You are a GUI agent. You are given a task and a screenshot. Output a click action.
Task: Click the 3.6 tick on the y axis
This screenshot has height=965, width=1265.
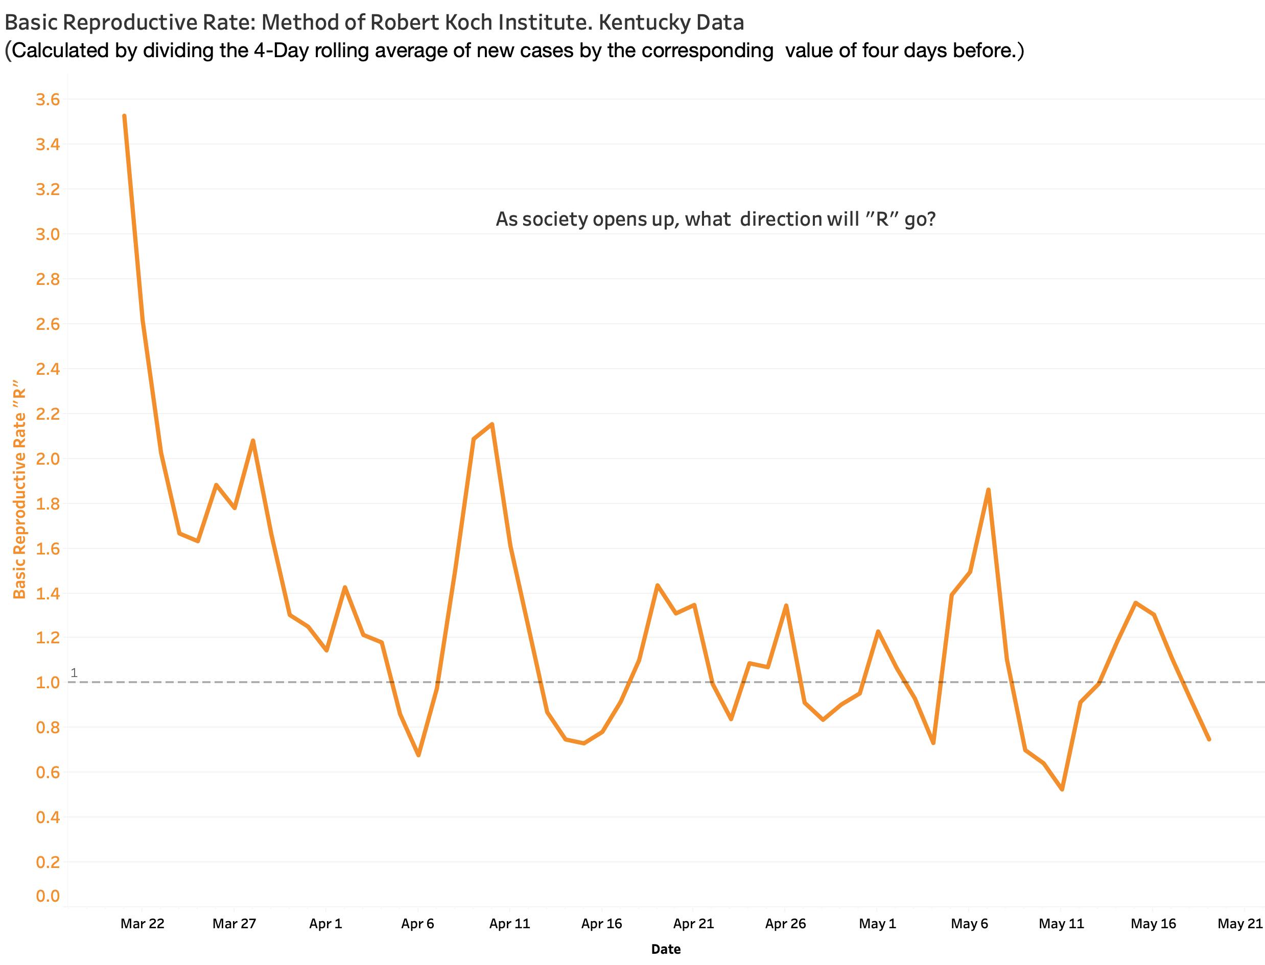point(48,100)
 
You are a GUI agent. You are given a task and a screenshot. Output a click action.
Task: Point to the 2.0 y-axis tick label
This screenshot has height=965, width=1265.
point(48,459)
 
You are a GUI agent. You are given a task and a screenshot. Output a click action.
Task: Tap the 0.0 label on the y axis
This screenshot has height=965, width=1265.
point(48,896)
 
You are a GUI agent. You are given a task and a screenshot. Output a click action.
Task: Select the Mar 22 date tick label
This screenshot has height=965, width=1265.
point(142,924)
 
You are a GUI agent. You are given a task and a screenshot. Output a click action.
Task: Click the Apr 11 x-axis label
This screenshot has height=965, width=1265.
point(509,924)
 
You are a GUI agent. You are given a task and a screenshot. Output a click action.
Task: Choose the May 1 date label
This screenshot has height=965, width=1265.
point(877,924)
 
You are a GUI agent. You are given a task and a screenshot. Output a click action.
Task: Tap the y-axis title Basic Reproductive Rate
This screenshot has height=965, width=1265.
point(20,488)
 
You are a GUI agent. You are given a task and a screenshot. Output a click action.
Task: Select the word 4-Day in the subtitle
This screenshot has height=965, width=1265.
point(281,51)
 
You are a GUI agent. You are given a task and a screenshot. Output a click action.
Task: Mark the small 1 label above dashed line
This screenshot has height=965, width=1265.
point(74,672)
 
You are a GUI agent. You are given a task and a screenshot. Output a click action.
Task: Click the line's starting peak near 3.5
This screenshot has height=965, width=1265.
point(124,116)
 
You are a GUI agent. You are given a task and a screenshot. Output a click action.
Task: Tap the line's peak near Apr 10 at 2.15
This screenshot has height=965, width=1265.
point(492,424)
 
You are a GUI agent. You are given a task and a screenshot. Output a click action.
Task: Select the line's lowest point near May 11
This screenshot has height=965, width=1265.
point(1062,789)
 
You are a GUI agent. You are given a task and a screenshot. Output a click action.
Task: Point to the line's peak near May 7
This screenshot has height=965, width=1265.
point(988,490)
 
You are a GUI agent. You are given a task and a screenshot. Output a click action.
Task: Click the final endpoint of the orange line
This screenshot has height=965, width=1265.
point(1209,739)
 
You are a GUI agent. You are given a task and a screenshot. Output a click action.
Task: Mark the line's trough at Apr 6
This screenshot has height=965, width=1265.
point(418,755)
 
